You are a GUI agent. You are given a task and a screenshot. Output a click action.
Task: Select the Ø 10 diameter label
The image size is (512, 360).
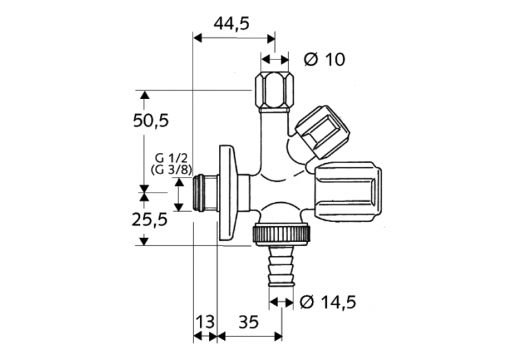click(323, 59)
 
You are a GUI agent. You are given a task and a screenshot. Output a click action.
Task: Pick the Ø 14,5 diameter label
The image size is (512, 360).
click(329, 301)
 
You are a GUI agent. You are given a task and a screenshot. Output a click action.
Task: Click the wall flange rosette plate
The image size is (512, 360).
click(227, 194)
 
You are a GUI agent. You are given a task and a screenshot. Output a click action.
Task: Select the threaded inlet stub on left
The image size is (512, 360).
click(204, 194)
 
